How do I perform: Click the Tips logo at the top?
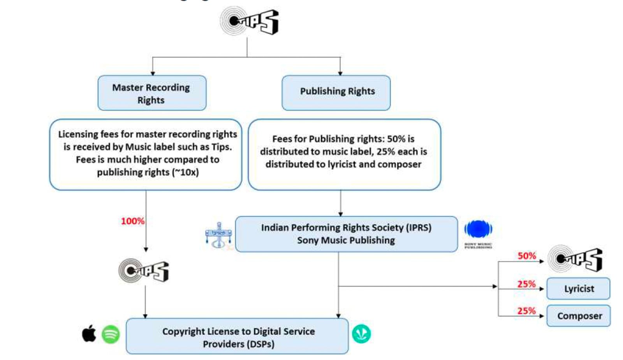(249, 21)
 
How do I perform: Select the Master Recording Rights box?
(152, 93)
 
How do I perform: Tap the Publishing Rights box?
(336, 92)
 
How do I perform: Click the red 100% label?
(132, 221)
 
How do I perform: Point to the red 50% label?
(526, 256)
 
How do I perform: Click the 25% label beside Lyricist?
(526, 284)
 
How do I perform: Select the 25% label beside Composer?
(526, 311)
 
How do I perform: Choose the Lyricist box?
(579, 288)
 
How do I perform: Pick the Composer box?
(579, 316)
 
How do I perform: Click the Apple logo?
(89, 334)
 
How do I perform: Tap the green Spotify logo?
(111, 334)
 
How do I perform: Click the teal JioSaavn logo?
(361, 334)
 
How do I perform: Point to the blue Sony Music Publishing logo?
(478, 229)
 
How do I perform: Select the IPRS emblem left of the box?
(218, 235)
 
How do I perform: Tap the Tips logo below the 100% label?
(144, 270)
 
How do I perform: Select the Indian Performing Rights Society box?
(346, 234)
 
